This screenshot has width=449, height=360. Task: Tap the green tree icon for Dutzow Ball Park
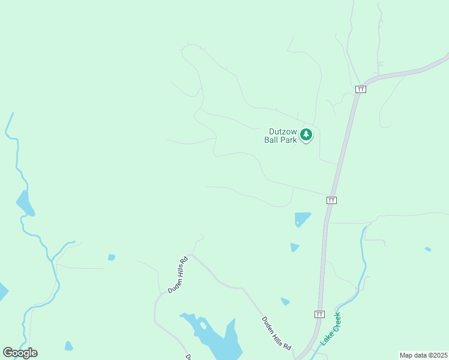pyautogui.click(x=306, y=134)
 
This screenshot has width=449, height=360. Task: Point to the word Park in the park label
pyautogui.click(x=288, y=140)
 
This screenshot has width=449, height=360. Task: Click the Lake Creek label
pyautogui.click(x=330, y=329)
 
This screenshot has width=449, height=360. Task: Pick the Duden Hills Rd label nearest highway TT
pyautogui.click(x=276, y=334)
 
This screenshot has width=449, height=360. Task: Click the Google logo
pyautogui.click(x=20, y=353)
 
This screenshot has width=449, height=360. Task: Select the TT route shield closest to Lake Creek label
pyautogui.click(x=319, y=314)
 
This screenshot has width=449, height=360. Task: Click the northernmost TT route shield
pyautogui.click(x=360, y=89)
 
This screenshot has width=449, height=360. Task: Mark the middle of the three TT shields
pyautogui.click(x=331, y=200)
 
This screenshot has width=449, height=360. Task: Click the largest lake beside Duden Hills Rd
pyautogui.click(x=216, y=339)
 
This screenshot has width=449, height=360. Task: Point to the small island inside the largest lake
pyautogui.click(x=203, y=326)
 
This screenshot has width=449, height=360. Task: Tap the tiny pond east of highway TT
pyautogui.click(x=427, y=249)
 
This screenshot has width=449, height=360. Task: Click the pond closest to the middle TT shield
pyautogui.click(x=302, y=218)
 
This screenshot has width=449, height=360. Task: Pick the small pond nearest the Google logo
pyautogui.click(x=68, y=346)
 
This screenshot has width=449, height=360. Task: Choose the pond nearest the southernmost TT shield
pyautogui.click(x=285, y=302)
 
